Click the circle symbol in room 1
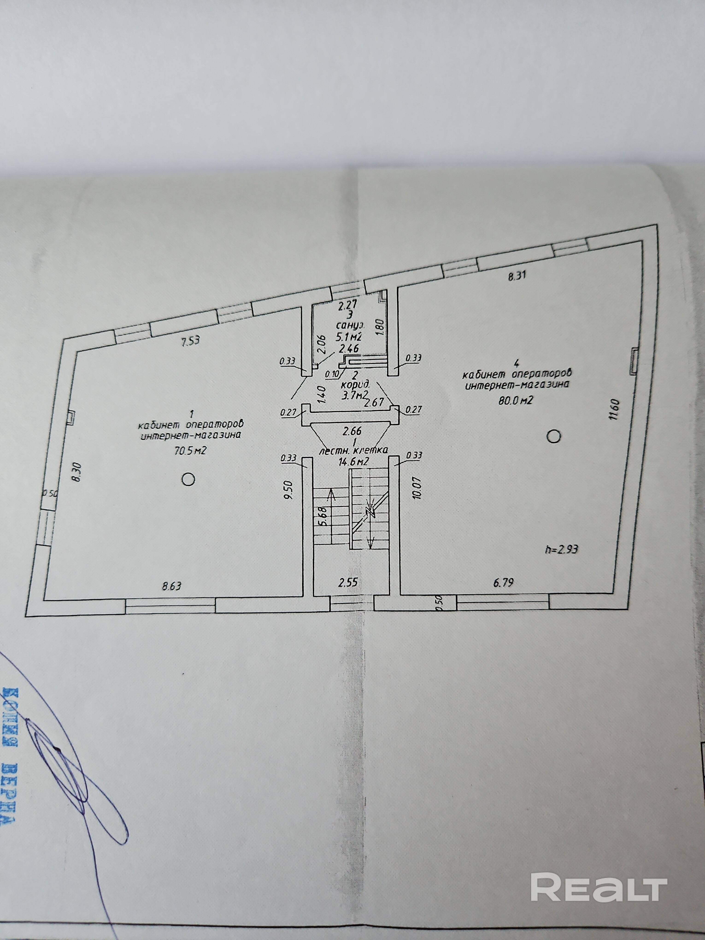[188, 479]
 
